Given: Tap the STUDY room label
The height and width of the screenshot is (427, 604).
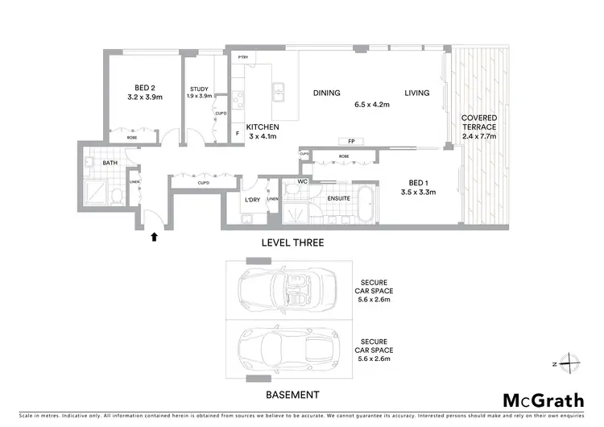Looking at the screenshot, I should pos(200,89).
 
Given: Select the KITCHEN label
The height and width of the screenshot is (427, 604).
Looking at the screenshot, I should pos(263,127).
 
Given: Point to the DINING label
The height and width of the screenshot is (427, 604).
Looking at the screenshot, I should pos(327,93).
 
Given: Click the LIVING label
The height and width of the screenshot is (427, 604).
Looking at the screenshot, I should pos(417,93).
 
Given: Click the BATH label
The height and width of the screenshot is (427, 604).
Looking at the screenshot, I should pos(110,164).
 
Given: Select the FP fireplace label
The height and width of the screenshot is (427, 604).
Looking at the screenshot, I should pos(352,141).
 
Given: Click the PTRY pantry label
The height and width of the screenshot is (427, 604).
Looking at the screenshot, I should pos(243,58).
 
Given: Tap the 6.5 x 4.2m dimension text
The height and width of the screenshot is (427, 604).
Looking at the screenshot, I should pos(372,105).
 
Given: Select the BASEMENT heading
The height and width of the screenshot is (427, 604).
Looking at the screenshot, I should pos(292,395).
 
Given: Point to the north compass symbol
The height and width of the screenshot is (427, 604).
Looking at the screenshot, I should pos(570,363).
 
